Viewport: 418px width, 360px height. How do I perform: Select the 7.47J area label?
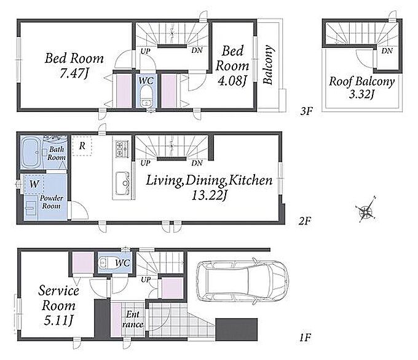[x=74, y=74]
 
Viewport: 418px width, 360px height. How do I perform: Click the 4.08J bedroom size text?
[x=232, y=81]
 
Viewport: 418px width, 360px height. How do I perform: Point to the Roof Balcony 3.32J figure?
[x=361, y=94]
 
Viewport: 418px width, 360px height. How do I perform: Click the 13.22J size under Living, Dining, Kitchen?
[x=209, y=196]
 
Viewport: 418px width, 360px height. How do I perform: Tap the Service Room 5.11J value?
[x=58, y=320]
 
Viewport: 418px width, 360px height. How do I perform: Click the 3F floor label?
[x=306, y=111]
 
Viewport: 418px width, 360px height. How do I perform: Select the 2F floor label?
[x=304, y=221]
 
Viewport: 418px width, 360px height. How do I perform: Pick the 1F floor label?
[x=305, y=338]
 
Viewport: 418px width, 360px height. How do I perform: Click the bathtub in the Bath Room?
[x=31, y=152]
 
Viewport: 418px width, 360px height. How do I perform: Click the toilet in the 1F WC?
[x=107, y=263]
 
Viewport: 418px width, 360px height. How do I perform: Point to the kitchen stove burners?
[x=122, y=149]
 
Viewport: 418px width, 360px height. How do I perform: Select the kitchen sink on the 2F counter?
[x=122, y=183]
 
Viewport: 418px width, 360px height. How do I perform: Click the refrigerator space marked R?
[x=82, y=146]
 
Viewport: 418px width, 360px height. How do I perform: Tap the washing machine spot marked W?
[x=34, y=183]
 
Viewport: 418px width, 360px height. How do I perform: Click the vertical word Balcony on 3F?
[x=267, y=65]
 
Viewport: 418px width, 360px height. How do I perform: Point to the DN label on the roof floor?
[x=387, y=50]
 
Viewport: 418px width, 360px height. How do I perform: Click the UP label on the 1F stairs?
[x=146, y=279]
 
